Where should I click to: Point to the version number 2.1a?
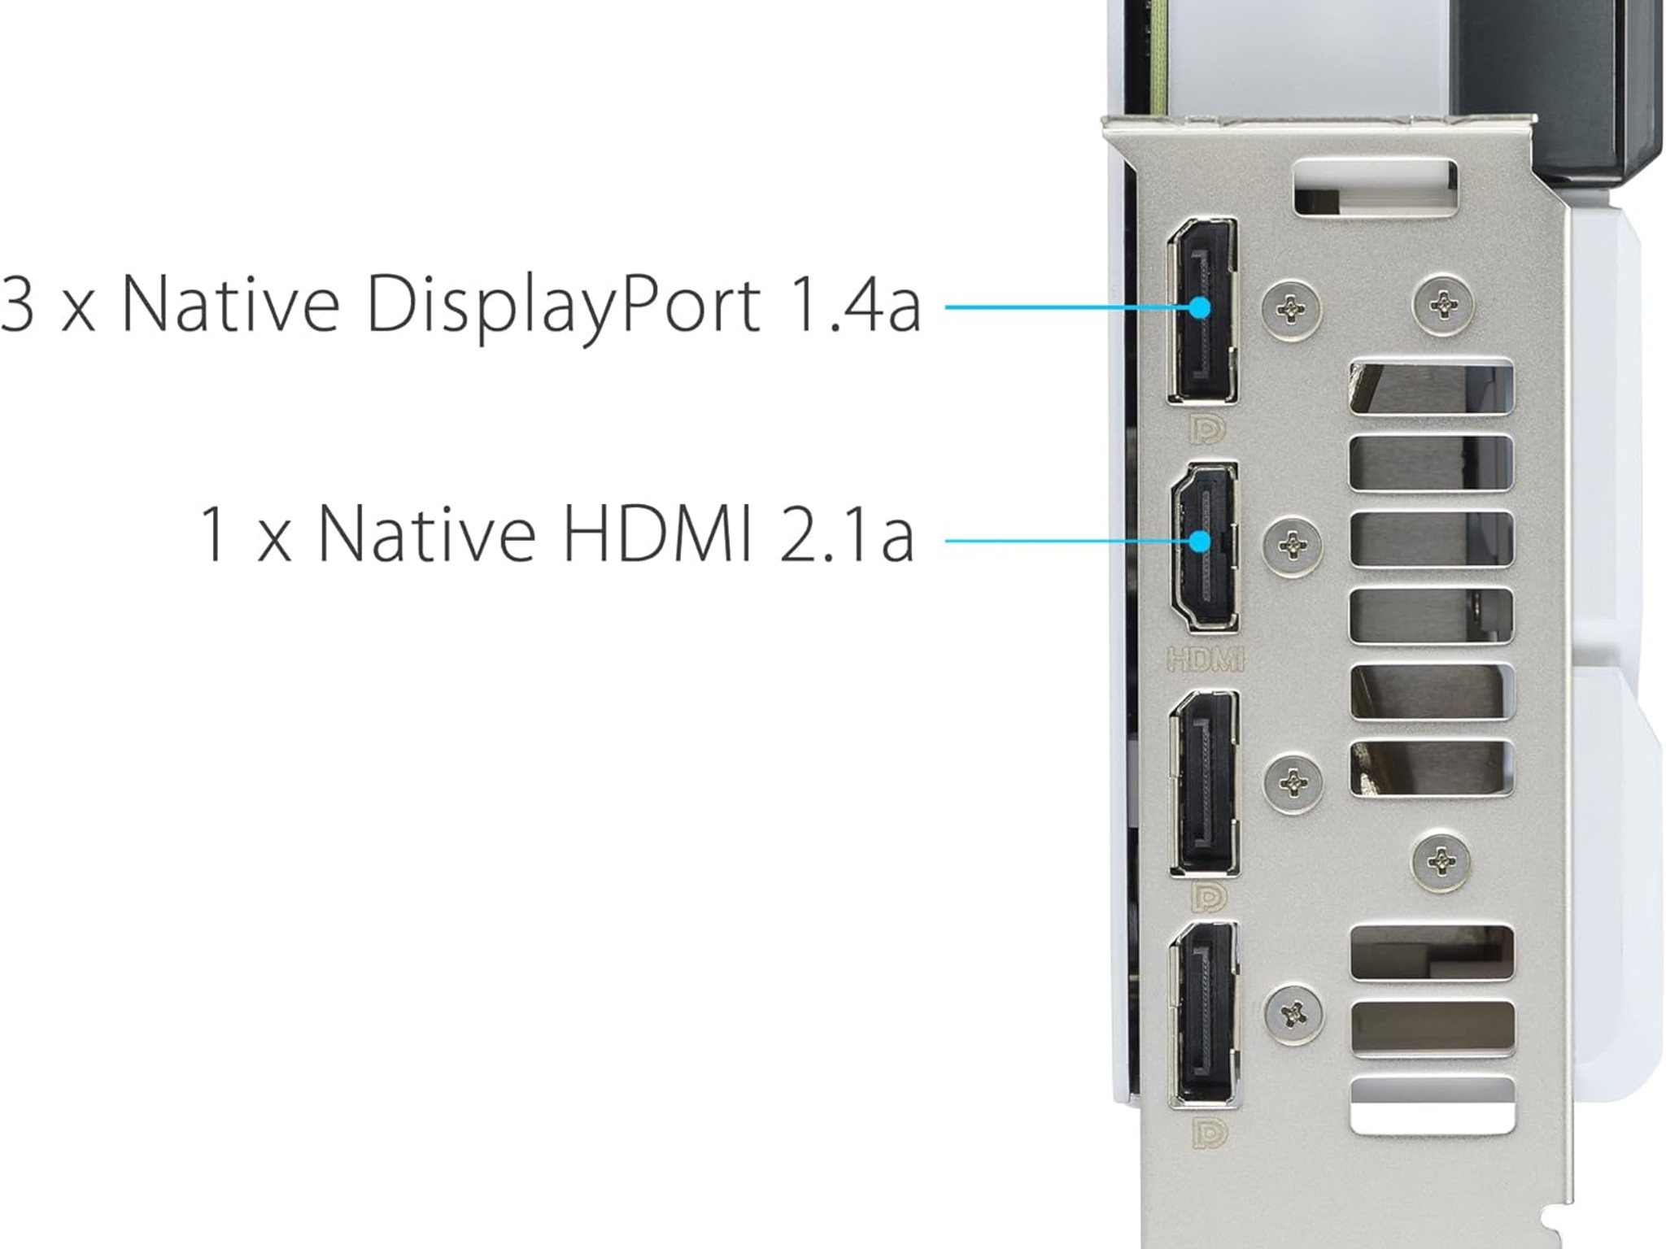click(847, 533)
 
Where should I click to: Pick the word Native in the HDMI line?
click(426, 533)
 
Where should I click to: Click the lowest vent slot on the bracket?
click(1433, 1105)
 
